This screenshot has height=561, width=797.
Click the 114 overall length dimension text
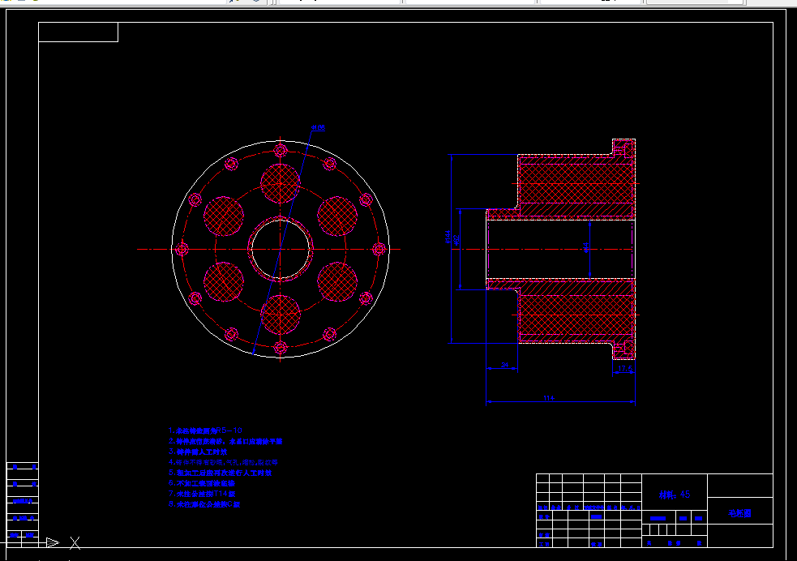coord(548,397)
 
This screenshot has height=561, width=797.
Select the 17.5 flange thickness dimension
coord(624,369)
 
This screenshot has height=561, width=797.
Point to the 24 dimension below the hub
coord(505,366)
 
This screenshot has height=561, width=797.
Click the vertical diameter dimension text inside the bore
coord(586,248)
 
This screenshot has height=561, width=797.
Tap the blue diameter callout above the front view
coord(317,128)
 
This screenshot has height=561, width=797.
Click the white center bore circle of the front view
coord(281,249)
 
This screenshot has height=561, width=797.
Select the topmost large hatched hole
coord(281,183)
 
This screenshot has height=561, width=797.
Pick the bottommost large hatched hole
coord(281,315)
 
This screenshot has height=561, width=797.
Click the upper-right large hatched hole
coord(337,216)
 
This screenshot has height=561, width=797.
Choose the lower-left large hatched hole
coord(224,281)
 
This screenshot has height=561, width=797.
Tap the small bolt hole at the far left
coord(182,249)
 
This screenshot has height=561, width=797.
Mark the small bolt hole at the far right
coord(379,249)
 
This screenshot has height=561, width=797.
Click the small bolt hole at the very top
coord(281,150)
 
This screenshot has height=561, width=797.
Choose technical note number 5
coord(224,473)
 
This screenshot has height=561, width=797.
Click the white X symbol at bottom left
coord(75,542)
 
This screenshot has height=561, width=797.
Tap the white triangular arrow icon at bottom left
coord(52,542)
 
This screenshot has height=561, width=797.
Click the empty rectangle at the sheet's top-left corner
coord(78,32)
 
